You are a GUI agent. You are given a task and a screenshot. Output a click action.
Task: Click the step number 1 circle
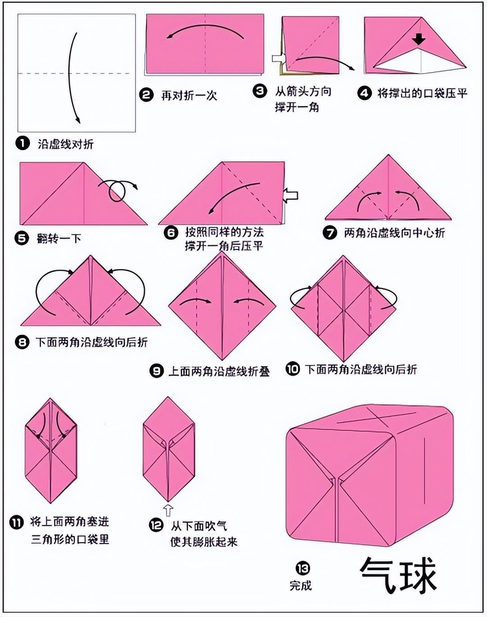tap(23, 143)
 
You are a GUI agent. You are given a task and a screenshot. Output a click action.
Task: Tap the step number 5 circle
tap(22, 238)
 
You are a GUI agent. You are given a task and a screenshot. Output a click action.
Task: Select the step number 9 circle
tap(156, 371)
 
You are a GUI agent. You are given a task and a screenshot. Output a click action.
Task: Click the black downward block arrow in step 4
tap(419, 39)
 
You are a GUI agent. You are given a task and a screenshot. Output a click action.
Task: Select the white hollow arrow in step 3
tap(279, 58)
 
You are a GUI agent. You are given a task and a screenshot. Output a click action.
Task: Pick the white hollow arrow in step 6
tap(290, 196)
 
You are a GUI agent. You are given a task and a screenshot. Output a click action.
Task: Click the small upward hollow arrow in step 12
tap(168, 511)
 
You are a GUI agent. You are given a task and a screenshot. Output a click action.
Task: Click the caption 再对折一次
tap(189, 96)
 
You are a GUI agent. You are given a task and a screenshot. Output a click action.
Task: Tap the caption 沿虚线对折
tap(66, 144)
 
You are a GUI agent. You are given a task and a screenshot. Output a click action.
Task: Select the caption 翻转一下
tap(59, 239)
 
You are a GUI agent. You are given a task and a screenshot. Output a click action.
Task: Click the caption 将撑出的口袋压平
tap(423, 93)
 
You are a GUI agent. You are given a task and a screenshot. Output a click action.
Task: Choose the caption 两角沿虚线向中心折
tap(394, 233)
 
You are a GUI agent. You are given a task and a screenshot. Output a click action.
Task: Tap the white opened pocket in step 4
tap(420, 61)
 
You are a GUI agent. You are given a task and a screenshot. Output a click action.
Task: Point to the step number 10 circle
tap(293, 369)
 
